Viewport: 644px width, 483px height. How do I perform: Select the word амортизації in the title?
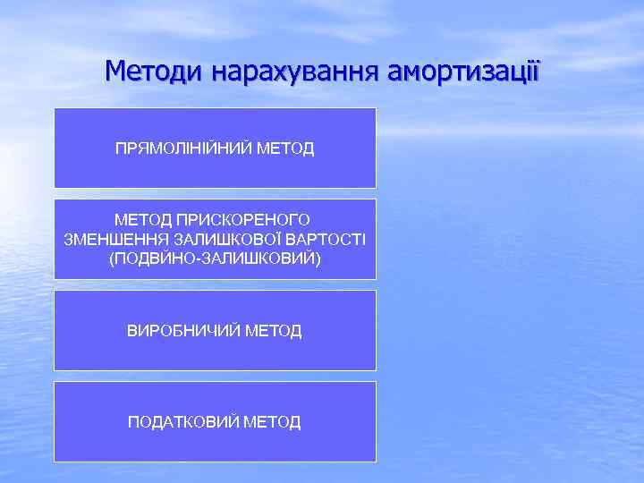tap(463, 69)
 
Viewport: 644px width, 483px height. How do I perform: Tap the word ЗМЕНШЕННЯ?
tap(108, 239)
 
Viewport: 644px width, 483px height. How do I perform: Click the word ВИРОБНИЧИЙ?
tap(183, 331)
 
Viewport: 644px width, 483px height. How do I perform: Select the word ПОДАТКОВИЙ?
tap(184, 421)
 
